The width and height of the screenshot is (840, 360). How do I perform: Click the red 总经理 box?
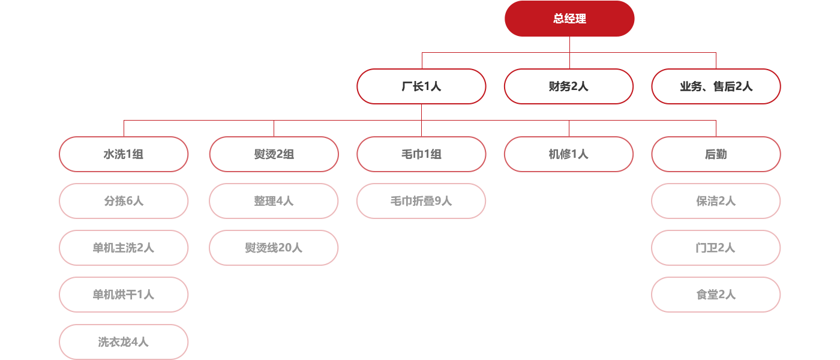[x=569, y=19]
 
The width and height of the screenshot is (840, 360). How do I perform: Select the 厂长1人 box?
[x=421, y=86]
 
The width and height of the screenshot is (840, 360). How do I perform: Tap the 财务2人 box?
[x=568, y=86]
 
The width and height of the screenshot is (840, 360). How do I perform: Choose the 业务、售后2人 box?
[x=716, y=86]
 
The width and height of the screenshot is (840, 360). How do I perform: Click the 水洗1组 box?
[x=124, y=154]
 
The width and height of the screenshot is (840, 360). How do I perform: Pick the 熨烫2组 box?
[x=274, y=154]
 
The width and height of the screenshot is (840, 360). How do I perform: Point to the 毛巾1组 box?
[x=421, y=154]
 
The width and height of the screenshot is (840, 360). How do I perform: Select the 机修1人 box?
[x=568, y=154]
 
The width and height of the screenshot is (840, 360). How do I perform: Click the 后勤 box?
[x=716, y=154]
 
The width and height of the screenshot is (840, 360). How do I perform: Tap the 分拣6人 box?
[x=124, y=201]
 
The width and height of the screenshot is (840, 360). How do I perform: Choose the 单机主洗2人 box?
[x=124, y=248]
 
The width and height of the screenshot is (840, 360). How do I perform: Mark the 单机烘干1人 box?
[x=124, y=295]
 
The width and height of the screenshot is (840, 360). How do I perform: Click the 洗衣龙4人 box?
[x=124, y=342]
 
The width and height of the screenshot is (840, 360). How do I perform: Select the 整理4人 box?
[x=274, y=201]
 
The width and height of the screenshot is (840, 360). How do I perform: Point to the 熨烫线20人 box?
[x=274, y=248]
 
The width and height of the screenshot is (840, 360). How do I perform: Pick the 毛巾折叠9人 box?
[x=421, y=201]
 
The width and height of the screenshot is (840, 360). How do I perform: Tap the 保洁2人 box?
[x=716, y=201]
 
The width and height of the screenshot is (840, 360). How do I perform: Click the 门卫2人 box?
[x=716, y=248]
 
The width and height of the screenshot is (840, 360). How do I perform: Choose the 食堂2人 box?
[x=716, y=295]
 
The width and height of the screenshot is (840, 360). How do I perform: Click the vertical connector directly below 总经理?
[x=569, y=44]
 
